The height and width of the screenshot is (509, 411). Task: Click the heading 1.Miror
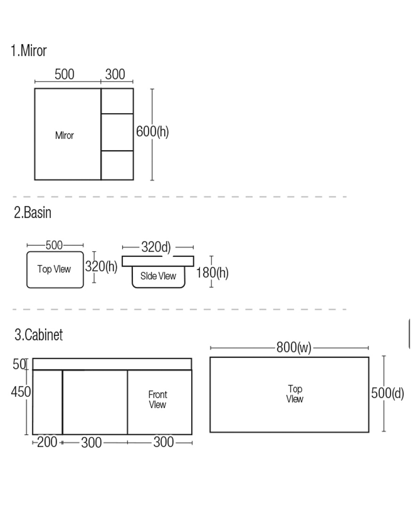click(x=29, y=50)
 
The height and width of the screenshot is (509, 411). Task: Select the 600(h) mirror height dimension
click(x=153, y=131)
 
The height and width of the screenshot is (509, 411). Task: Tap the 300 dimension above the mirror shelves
click(x=115, y=74)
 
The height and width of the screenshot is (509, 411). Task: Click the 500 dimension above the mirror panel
click(x=64, y=74)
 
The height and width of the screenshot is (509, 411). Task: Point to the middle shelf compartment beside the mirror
click(x=117, y=132)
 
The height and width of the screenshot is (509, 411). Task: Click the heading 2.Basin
click(x=32, y=213)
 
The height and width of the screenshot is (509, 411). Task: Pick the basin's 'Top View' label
click(x=54, y=269)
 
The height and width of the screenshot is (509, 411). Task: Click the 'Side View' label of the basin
click(x=158, y=276)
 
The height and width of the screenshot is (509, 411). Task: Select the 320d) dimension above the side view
click(x=156, y=247)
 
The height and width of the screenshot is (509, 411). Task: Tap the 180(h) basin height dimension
click(x=212, y=272)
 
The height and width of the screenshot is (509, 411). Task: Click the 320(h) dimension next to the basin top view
click(x=101, y=266)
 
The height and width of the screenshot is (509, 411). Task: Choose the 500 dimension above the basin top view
click(x=54, y=245)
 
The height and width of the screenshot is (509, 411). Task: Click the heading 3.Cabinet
click(x=39, y=335)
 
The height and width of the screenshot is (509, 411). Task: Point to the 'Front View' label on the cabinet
click(x=158, y=400)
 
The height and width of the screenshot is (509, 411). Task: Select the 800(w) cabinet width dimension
click(x=294, y=348)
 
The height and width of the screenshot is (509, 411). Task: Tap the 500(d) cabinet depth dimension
click(x=387, y=393)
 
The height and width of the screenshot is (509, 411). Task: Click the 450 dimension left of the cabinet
click(x=21, y=392)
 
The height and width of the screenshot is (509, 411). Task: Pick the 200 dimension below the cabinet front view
click(x=47, y=442)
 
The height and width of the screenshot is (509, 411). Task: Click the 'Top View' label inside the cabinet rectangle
click(x=295, y=394)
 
